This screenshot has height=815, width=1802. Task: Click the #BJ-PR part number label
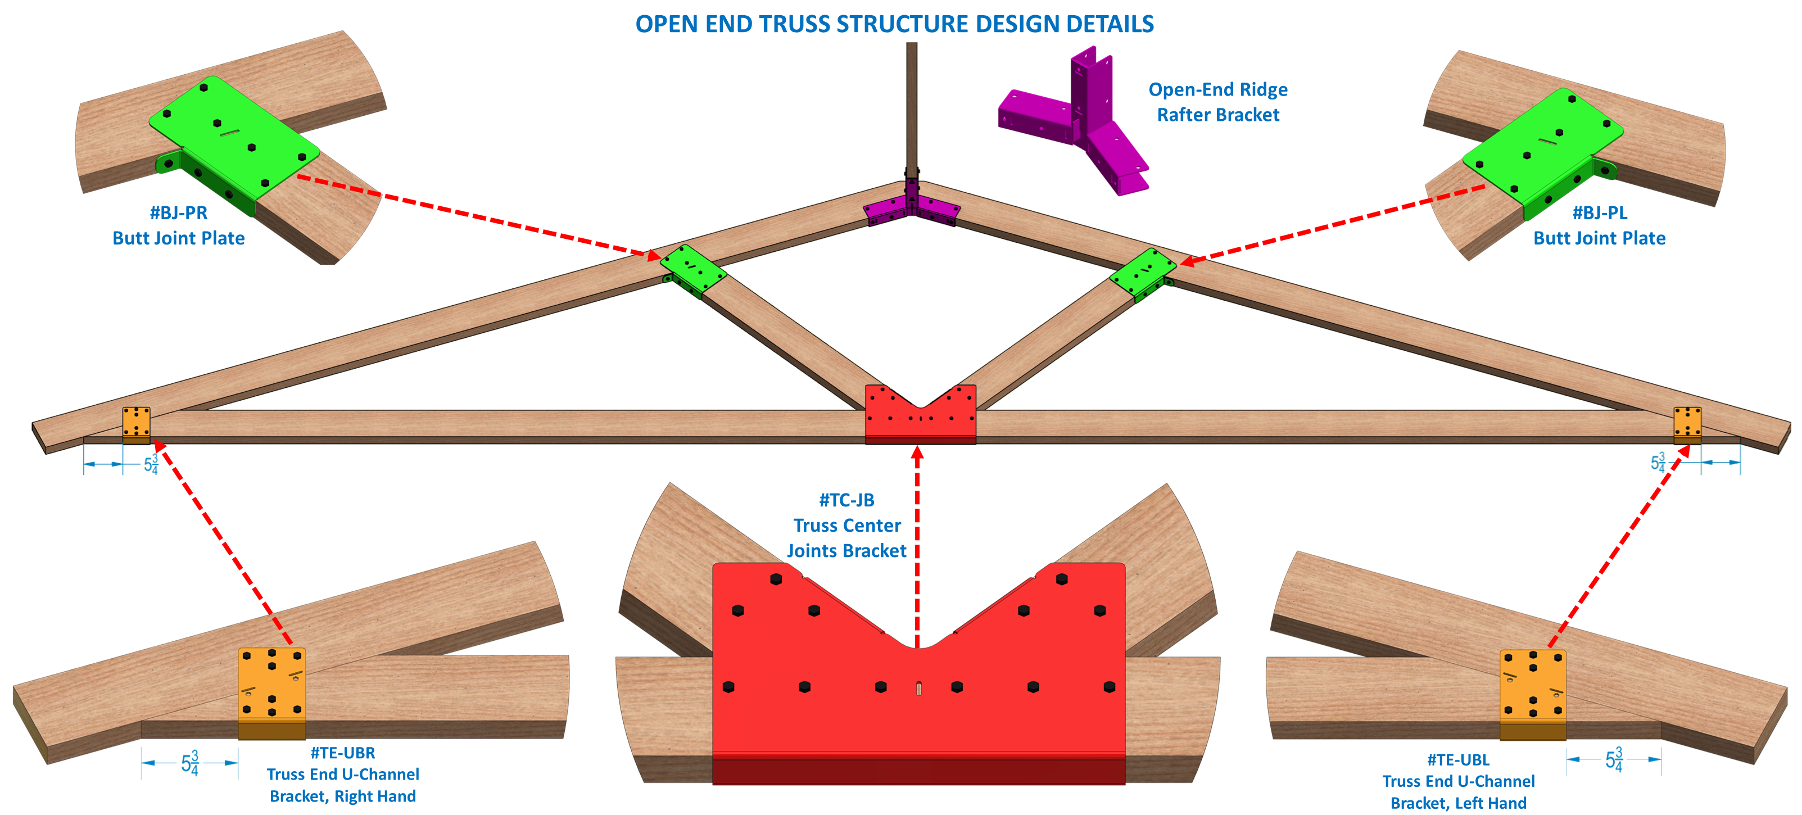tap(178, 212)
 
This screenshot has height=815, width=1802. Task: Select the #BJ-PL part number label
tap(1599, 212)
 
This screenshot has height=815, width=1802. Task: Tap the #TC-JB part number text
tap(846, 500)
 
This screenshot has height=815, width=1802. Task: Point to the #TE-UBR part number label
tap(342, 753)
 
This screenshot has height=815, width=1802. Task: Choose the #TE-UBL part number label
tap(1458, 760)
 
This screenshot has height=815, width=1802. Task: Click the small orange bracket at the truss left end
tap(137, 424)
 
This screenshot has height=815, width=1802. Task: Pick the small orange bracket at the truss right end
tap(1687, 424)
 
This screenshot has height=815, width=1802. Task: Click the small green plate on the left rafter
tap(692, 269)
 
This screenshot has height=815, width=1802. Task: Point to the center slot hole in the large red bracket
tap(918, 689)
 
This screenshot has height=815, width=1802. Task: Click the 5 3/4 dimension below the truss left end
tap(151, 464)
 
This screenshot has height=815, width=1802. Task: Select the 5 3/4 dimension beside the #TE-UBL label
tap(1614, 759)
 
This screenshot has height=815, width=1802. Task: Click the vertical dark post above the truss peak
tap(912, 105)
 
